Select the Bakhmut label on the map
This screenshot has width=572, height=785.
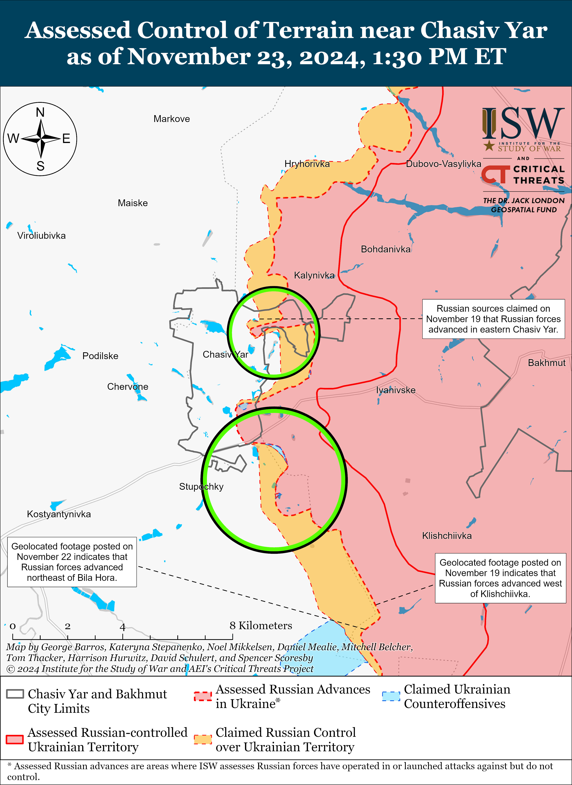(546, 363)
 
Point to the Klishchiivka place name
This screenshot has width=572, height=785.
(447, 536)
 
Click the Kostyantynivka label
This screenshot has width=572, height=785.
(59, 514)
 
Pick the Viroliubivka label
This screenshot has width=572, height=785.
(41, 236)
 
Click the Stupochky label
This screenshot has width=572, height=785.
(201, 487)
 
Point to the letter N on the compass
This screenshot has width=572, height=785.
(40, 112)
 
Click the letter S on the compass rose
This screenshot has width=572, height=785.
(40, 166)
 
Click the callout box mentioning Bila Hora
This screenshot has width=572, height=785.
(72, 562)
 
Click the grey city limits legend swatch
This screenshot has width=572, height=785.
(15, 694)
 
